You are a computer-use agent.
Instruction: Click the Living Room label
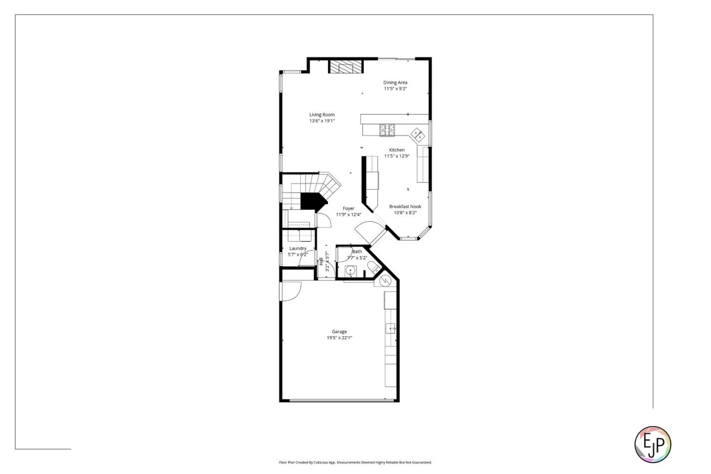click(322, 115)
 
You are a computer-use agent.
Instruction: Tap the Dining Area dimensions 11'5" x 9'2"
click(395, 89)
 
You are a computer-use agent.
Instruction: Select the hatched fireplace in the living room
click(346, 67)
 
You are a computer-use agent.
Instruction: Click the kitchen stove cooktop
click(387, 130)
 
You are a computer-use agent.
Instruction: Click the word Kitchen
click(396, 150)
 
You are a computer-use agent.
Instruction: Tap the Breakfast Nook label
click(405, 206)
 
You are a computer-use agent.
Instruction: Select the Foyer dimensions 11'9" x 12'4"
click(349, 215)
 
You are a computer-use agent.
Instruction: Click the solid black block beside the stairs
click(312, 201)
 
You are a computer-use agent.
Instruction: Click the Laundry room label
click(298, 248)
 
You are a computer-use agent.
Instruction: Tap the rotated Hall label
click(321, 261)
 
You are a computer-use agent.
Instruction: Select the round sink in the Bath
click(351, 271)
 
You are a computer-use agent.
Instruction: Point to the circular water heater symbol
click(385, 281)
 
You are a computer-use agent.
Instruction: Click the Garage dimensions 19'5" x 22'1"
click(339, 338)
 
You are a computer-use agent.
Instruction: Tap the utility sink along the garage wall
click(390, 328)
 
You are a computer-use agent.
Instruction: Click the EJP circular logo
click(652, 444)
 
